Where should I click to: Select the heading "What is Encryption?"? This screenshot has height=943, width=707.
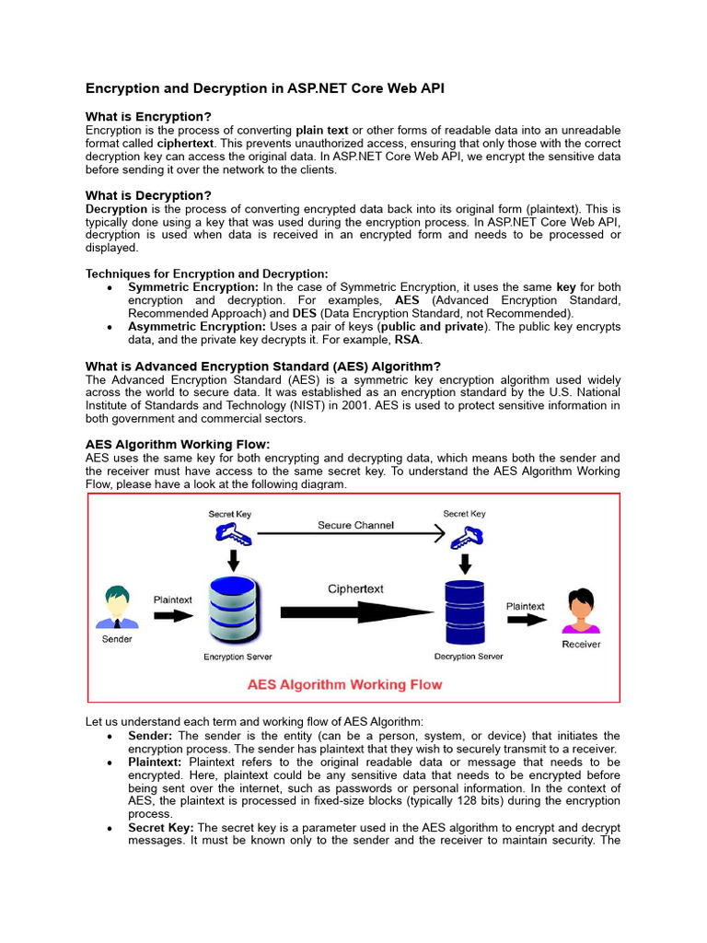coord(148,117)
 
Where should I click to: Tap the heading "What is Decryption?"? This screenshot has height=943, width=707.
coord(148,195)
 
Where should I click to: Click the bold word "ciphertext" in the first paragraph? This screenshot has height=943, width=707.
coord(185,144)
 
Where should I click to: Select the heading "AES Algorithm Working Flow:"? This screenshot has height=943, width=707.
coord(178,445)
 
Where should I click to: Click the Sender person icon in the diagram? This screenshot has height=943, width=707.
coord(117,609)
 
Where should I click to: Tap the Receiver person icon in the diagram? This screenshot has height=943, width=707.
coord(580,611)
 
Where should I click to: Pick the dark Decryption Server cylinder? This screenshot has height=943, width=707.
coord(465,612)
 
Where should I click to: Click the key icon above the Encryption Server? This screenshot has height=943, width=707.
coord(230,531)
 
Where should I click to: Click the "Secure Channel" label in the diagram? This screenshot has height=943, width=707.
coord(356,526)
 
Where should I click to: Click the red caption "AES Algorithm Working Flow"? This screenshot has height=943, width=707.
coord(344,684)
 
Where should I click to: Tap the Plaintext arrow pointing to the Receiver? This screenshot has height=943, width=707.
coord(526,621)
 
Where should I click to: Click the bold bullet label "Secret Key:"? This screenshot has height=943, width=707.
coord(161,828)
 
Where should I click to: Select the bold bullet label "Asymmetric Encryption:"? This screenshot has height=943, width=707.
coord(197,327)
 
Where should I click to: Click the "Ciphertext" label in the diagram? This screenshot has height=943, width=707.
coord(355,588)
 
